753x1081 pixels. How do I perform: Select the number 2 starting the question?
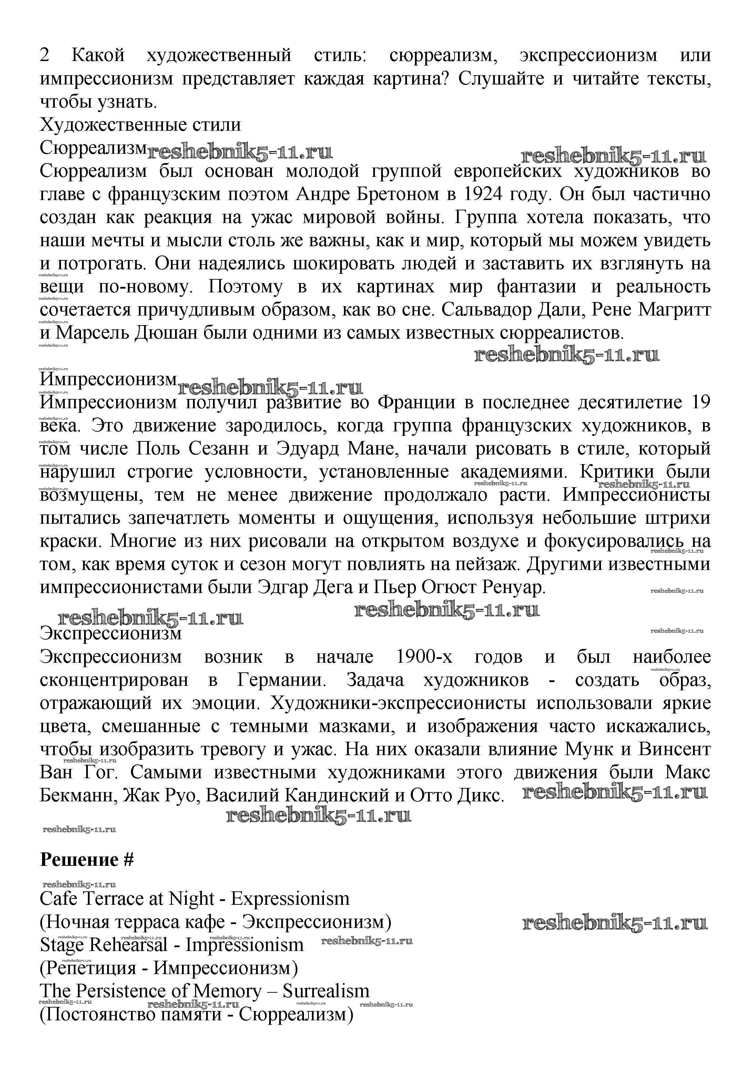(x=45, y=56)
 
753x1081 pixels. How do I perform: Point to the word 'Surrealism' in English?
(x=326, y=991)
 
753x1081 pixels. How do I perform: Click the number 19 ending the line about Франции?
(x=700, y=402)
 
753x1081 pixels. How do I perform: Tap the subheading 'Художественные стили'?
(x=140, y=125)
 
